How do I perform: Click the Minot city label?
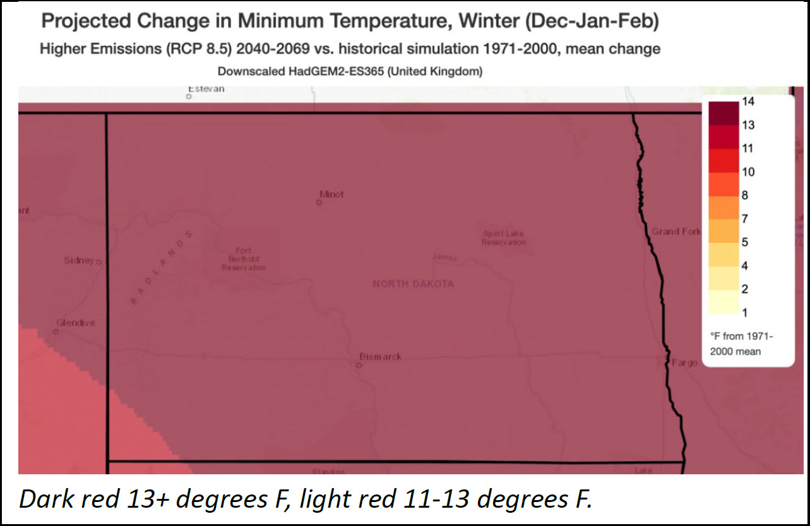[332, 194]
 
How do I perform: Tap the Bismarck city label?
[380, 357]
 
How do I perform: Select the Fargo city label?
[685, 363]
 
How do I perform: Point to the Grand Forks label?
[676, 231]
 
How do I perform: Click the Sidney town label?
[79, 260]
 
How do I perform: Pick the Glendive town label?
[76, 323]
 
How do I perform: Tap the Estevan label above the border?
[206, 89]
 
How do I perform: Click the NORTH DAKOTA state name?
[413, 284]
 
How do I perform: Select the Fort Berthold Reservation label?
[244, 259]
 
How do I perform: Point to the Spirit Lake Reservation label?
[504, 238]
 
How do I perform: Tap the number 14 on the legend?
[748, 102]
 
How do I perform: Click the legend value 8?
[745, 196]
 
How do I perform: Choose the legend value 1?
[745, 313]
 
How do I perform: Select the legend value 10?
[748, 172]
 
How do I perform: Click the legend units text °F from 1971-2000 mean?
[741, 344]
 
